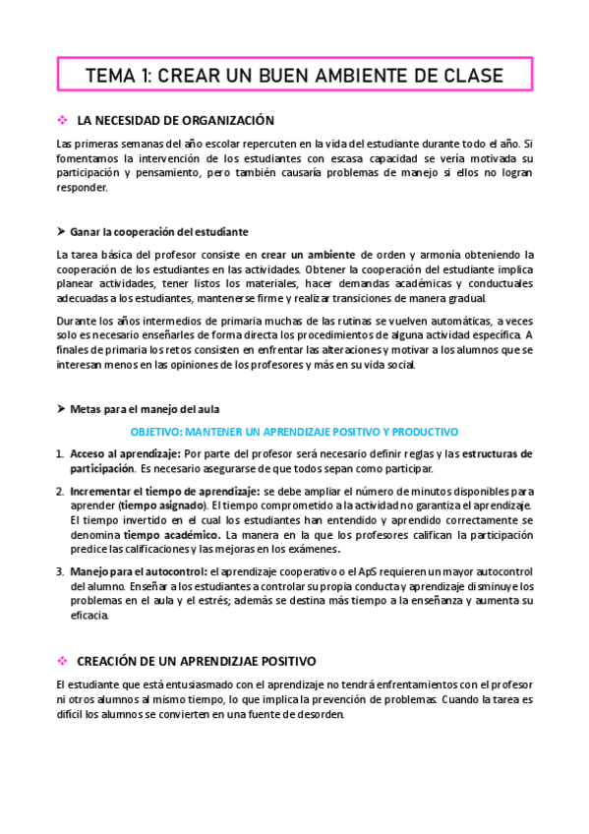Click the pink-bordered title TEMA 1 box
point(294,76)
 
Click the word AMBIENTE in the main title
point(367,76)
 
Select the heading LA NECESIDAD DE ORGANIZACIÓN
point(174,121)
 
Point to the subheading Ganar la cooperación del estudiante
point(158,232)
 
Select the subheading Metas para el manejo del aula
point(145,409)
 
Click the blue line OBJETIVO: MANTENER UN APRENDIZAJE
point(294,432)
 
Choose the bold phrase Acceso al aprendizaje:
point(125,453)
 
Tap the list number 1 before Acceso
point(59,453)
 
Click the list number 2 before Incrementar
point(59,490)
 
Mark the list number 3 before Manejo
point(59,570)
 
